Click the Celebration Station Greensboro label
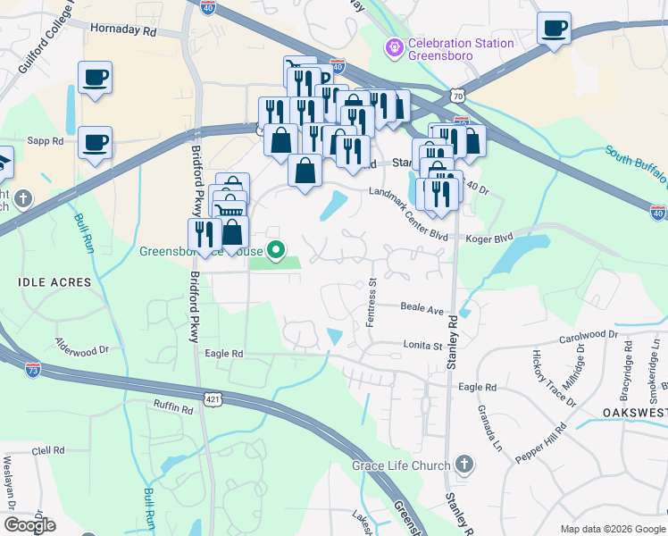(460, 49)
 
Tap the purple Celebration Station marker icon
(391, 46)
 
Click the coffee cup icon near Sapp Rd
(95, 143)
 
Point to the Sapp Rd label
(46, 141)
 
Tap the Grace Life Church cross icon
(463, 465)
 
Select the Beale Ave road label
(422, 309)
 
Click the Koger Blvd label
(492, 239)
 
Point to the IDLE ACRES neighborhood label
(54, 282)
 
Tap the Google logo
(29, 525)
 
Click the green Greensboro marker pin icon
(277, 250)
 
